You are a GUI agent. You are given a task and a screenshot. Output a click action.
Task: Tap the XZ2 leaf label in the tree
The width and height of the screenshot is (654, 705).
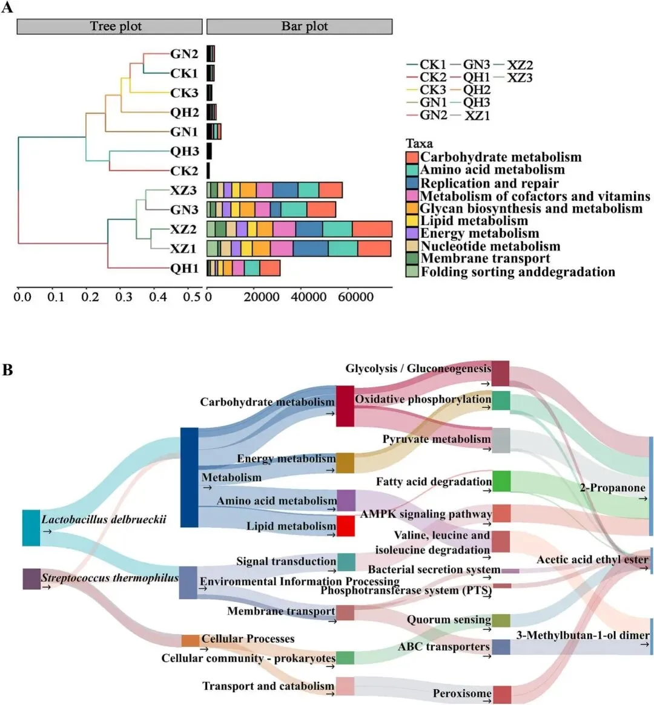(x=183, y=229)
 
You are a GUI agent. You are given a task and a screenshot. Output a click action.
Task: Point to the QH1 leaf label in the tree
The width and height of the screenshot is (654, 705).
(x=184, y=268)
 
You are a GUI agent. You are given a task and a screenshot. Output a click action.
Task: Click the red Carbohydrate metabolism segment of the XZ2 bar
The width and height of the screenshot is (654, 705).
(x=372, y=229)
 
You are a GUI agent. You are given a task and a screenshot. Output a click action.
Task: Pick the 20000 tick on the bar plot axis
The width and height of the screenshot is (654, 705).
(x=261, y=297)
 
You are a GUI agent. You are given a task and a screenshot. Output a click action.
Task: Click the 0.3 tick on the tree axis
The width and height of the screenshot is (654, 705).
(x=124, y=297)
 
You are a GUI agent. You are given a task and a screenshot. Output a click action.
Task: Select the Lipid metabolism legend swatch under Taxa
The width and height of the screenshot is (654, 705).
(x=412, y=221)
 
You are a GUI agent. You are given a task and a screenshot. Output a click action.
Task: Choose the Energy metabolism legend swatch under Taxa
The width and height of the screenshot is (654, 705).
(x=412, y=234)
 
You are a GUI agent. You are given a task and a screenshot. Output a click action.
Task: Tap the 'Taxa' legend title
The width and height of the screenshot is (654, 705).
(x=419, y=143)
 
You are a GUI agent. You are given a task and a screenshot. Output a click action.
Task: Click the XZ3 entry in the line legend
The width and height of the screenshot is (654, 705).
(x=520, y=77)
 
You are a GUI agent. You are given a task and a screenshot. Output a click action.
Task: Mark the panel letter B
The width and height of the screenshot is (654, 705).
(x=7, y=370)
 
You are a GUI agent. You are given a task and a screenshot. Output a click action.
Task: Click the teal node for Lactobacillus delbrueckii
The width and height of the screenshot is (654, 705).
(x=31, y=528)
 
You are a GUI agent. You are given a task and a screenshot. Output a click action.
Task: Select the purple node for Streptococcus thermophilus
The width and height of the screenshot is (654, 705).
(x=31, y=579)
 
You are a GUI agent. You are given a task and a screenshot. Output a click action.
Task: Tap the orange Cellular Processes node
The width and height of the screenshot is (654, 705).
(x=190, y=640)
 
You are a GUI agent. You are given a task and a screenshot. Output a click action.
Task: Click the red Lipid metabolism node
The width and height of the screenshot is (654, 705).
(x=345, y=526)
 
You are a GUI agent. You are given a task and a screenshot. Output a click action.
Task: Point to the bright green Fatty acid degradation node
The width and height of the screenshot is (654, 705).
(x=501, y=481)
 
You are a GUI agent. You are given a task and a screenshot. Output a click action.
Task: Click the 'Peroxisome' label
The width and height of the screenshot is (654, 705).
(x=461, y=694)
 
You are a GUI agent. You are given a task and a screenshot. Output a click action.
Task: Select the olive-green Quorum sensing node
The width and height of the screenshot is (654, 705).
(x=501, y=620)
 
